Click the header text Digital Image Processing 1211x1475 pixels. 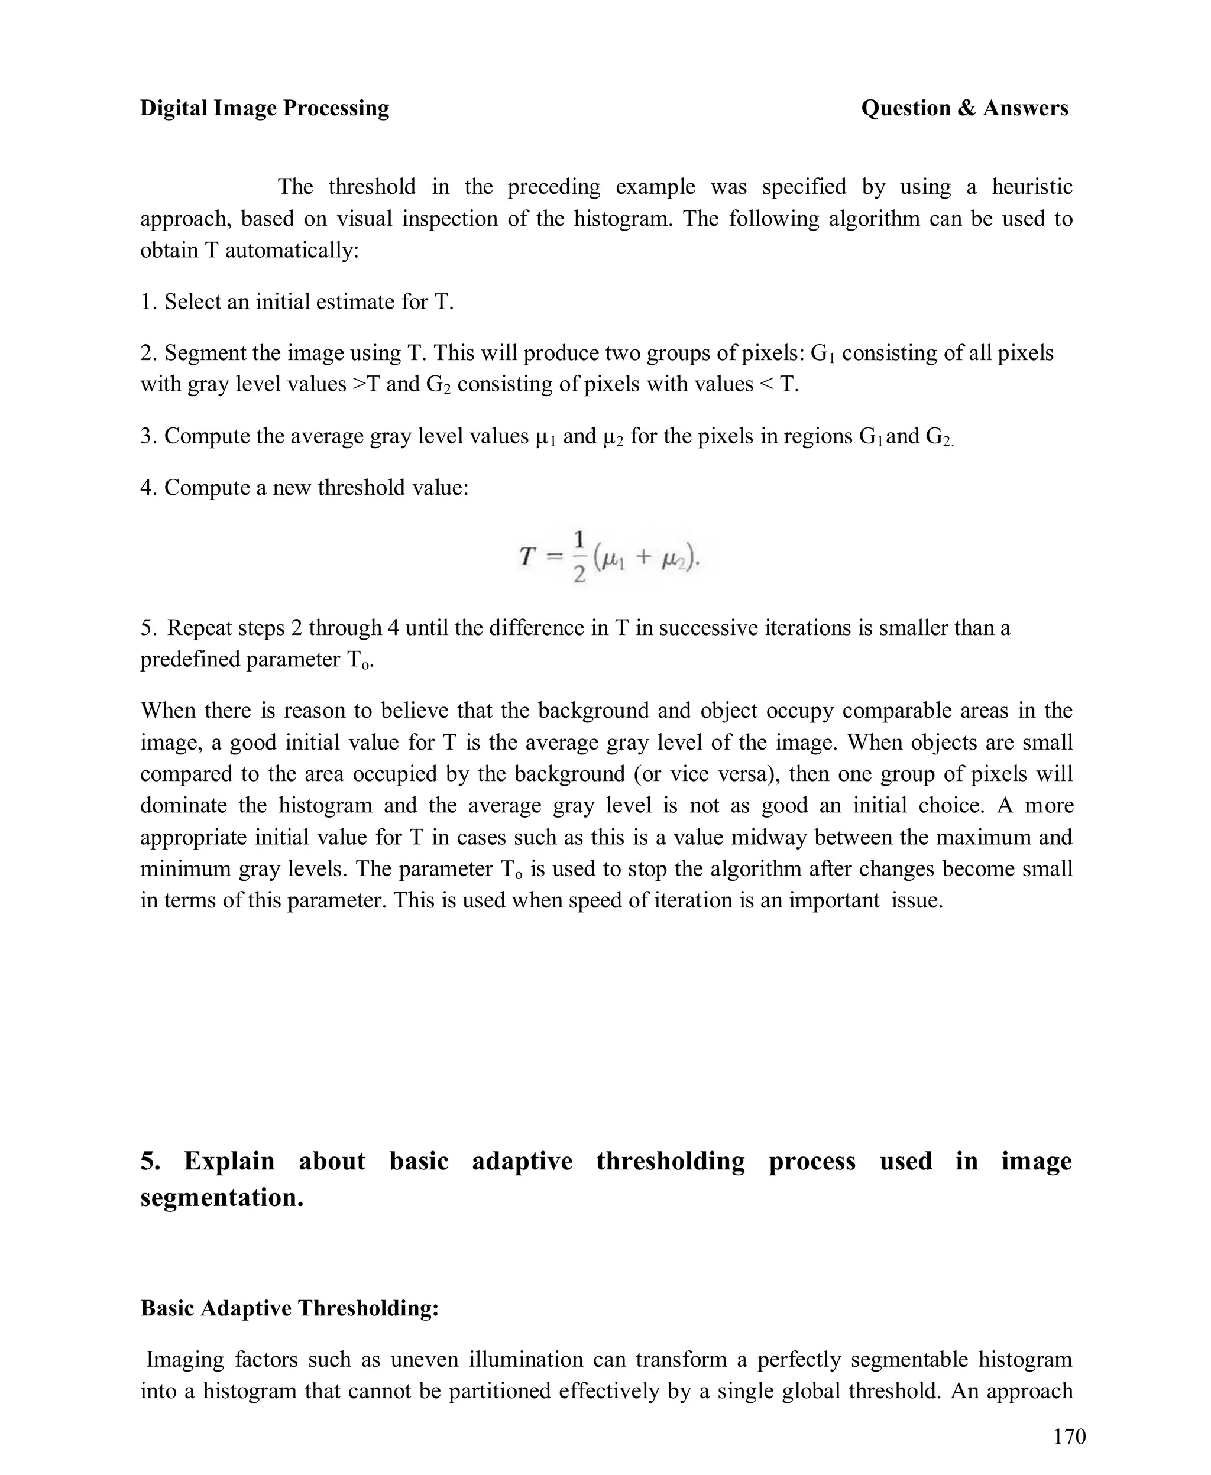pos(264,108)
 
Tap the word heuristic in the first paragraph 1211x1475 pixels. pos(1032,186)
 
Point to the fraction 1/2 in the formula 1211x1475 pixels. pos(579,557)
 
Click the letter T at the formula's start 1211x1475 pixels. pos(527,556)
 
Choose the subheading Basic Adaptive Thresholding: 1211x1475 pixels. pos(290,1308)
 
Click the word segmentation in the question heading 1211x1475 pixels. pos(222,1197)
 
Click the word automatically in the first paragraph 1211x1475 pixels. pos(292,249)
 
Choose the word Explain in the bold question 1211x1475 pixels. pos(229,1161)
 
